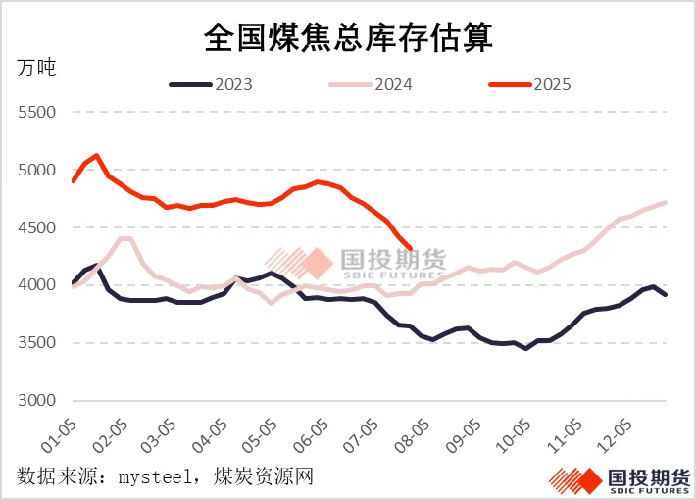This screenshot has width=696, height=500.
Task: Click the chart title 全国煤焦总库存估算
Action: (348, 37)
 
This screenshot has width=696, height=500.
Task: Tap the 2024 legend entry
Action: (391, 84)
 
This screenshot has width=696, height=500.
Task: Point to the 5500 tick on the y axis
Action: (36, 113)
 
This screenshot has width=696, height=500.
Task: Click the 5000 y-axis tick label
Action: (36, 171)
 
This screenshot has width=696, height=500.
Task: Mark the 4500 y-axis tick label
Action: (36, 228)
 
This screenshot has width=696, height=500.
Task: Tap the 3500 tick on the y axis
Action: (36, 344)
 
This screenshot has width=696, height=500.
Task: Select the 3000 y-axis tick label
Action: (36, 401)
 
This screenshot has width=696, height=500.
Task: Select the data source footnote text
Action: (165, 477)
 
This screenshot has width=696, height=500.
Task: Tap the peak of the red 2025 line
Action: (96, 155)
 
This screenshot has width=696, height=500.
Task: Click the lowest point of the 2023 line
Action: (526, 348)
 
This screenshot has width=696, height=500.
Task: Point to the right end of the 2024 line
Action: (667, 202)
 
